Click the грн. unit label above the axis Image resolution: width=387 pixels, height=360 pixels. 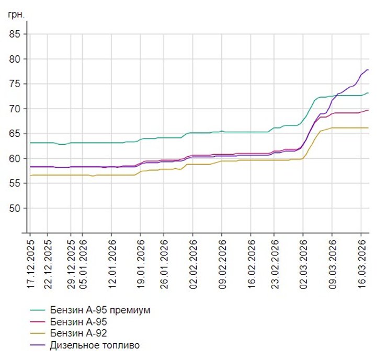(x=16, y=14)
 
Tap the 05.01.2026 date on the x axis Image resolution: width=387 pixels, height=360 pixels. (x=82, y=261)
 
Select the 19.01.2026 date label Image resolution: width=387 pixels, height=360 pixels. (x=141, y=261)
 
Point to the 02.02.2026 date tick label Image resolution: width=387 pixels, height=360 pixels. (x=193, y=261)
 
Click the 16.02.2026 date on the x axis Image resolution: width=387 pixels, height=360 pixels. (x=252, y=261)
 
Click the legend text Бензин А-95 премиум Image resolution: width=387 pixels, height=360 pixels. (x=100, y=310)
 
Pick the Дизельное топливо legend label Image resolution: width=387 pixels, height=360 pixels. (x=95, y=345)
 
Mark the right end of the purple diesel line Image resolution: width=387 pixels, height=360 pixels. (x=368, y=69)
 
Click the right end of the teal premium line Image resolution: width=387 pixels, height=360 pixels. (x=368, y=93)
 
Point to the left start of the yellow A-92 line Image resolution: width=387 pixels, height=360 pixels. (x=30, y=176)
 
